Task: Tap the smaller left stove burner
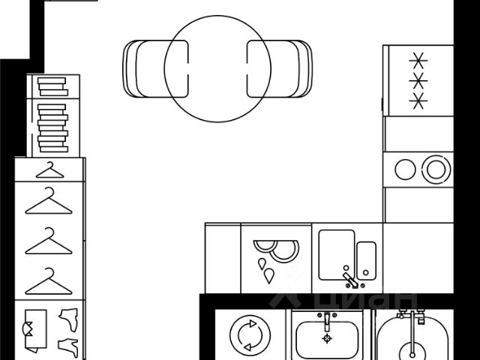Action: click(x=405, y=169)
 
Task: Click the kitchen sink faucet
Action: click(x=349, y=279)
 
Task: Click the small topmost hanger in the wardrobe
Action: click(x=49, y=168)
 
